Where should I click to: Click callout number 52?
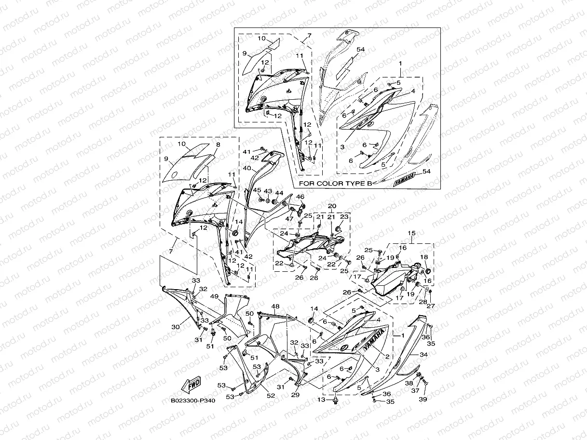click(x=271, y=396)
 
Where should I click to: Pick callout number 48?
click(x=275, y=307)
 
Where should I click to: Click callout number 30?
click(x=176, y=326)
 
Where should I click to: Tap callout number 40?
click(x=246, y=169)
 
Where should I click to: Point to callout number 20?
click(x=332, y=206)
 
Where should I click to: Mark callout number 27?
click(x=431, y=305)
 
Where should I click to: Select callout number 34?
click(x=423, y=354)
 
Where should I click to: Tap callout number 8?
click(x=218, y=144)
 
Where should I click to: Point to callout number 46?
click(x=300, y=197)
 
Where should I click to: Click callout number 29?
click(x=296, y=395)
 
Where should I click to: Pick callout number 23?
click(x=345, y=217)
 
